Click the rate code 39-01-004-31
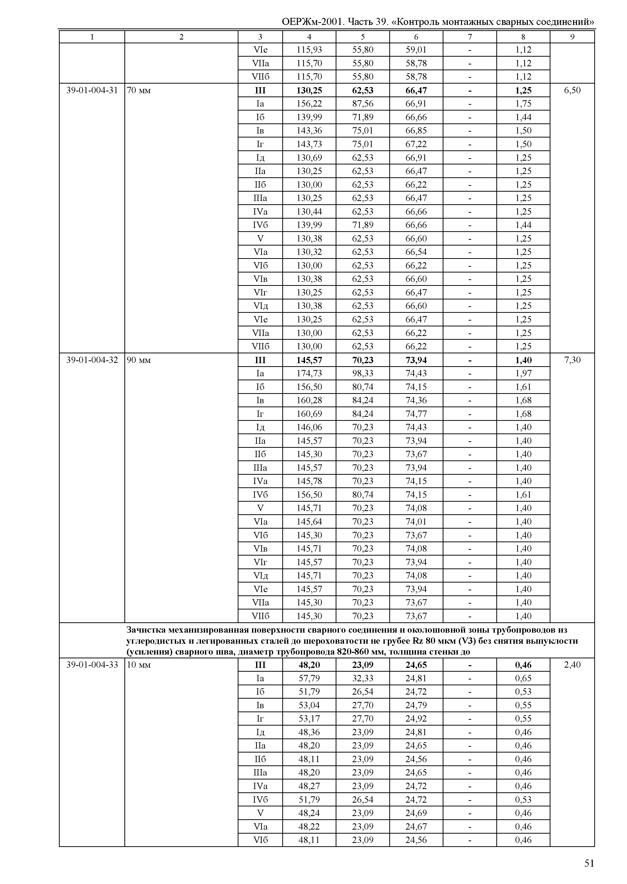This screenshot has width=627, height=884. click(x=92, y=90)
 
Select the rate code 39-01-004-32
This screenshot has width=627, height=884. click(x=92, y=360)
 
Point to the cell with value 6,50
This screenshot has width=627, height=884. click(x=572, y=90)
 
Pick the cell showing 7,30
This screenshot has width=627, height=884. click(x=572, y=360)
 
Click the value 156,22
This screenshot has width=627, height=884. click(x=309, y=104)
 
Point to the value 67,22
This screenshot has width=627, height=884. click(x=416, y=144)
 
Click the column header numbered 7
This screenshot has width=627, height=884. click(x=469, y=37)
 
